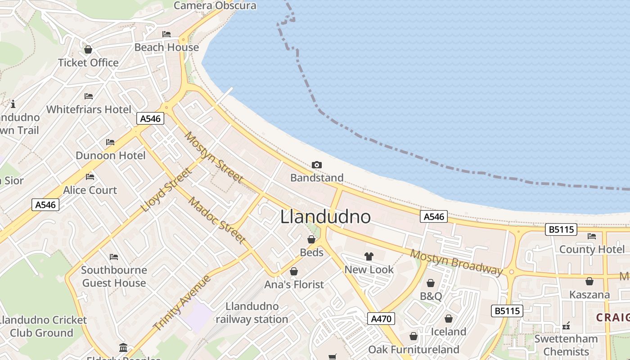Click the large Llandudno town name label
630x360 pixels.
click(325, 217)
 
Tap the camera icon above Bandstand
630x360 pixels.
click(316, 165)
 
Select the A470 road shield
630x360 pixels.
click(381, 319)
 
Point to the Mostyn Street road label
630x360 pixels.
click(214, 157)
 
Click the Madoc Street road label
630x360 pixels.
click(217, 220)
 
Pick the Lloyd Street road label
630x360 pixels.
click(166, 190)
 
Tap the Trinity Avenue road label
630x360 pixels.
click(181, 302)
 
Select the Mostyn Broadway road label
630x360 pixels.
click(456, 262)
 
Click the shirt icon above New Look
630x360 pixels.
click(369, 256)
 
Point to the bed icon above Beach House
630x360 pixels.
click(166, 34)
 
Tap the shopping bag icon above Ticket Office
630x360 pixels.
click(88, 49)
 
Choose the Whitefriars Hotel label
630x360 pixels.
click(89, 109)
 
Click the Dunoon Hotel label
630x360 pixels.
click(110, 156)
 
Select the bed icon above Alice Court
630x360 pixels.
click(90, 177)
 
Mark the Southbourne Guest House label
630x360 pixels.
click(114, 276)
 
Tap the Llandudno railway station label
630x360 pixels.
click(252, 313)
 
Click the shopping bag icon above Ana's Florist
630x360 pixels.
click(294, 271)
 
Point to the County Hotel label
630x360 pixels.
click(591, 249)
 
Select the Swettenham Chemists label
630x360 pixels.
click(566, 345)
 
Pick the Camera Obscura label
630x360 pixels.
click(215, 5)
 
